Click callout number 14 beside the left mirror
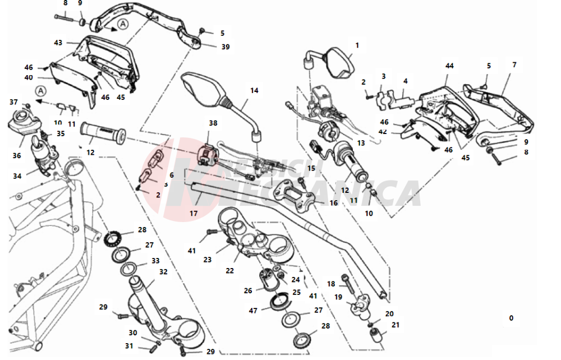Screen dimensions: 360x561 coord(254,90)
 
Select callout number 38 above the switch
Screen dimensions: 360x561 coord(213,123)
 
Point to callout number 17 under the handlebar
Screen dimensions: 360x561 coord(193,213)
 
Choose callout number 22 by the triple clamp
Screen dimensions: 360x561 coord(230,270)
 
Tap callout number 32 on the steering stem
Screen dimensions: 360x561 coord(163,271)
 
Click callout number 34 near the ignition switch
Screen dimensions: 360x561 coord(18,176)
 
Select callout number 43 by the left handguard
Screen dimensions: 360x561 coord(58,42)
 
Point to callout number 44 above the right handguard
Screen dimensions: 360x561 coord(449,66)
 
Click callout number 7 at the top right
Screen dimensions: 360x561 coord(514,65)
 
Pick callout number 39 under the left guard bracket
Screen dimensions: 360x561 coord(225,47)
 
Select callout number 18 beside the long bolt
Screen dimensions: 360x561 coord(331,284)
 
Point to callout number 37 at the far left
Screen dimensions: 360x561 coord(13,102)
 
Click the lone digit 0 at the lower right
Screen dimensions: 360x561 coord(511,318)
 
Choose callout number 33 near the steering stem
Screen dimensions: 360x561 coord(155,261)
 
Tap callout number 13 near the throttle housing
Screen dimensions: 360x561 coord(361,143)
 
